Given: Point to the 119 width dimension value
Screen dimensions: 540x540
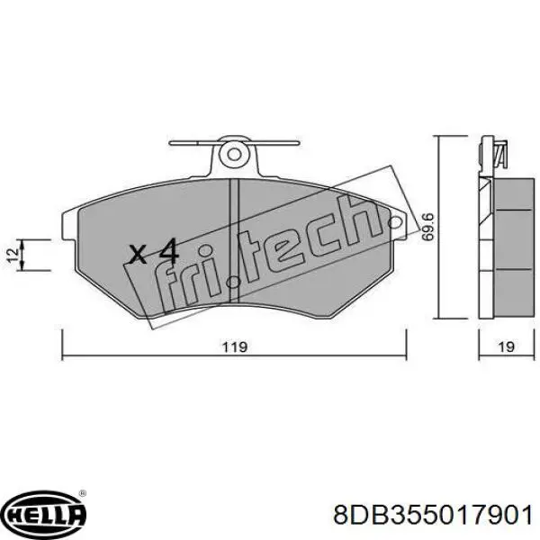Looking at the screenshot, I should [235, 346].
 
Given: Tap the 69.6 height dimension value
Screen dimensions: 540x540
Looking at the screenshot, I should [427, 226].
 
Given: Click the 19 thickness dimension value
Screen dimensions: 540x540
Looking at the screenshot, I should [506, 346].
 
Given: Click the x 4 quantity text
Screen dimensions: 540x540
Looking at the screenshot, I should [153, 253].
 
